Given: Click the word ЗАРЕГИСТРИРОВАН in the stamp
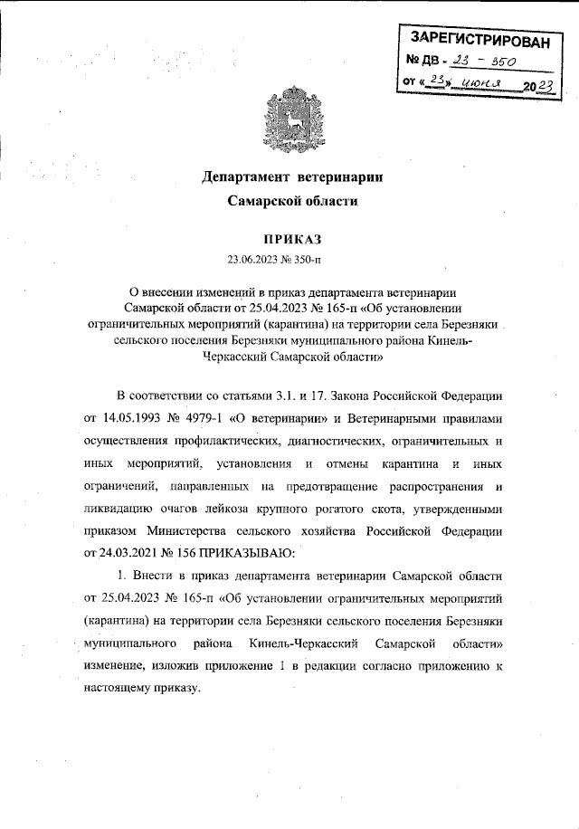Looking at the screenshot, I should [479, 40].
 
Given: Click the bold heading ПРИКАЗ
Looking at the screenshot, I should [291, 240].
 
